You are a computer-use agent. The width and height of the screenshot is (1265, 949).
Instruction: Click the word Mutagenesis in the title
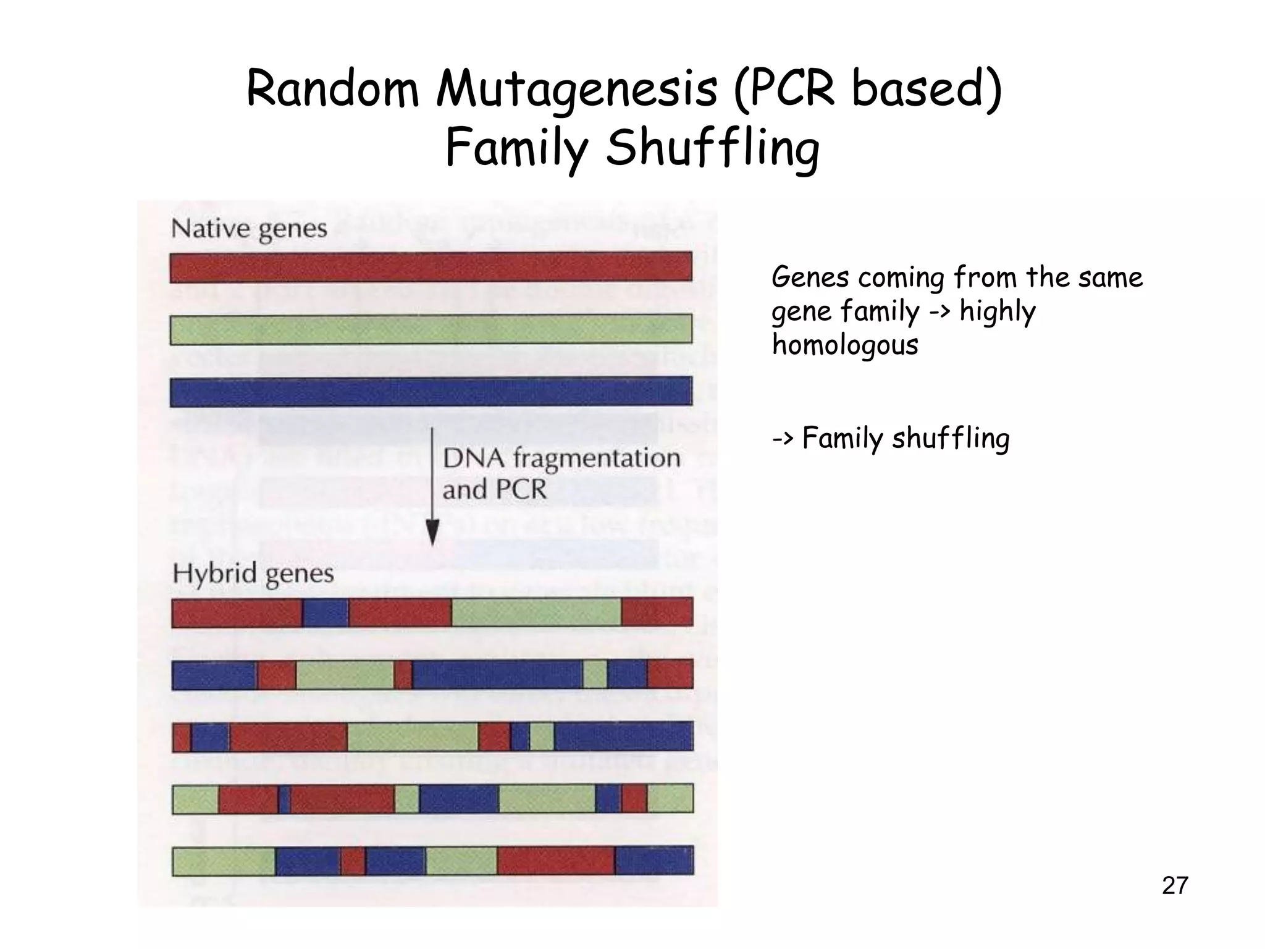pyautogui.click(x=577, y=90)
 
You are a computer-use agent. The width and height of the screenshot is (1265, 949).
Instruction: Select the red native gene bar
pyautogui.click(x=431, y=267)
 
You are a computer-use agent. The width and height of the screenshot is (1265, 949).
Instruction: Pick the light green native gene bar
pyautogui.click(x=431, y=329)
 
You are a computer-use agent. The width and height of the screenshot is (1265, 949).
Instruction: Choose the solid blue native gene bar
pyautogui.click(x=431, y=391)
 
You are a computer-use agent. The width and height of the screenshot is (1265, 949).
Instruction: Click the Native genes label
pyautogui.click(x=249, y=229)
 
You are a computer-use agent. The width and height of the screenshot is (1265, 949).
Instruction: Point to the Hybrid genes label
pyautogui.click(x=253, y=573)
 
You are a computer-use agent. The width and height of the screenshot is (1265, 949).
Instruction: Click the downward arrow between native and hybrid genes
pyautogui.click(x=433, y=488)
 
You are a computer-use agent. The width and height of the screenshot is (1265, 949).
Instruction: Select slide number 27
pyautogui.click(x=1175, y=885)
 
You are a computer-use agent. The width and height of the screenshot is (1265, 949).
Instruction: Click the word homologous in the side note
pyautogui.click(x=845, y=344)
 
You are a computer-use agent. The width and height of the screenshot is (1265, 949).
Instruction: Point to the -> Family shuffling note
pyautogui.click(x=891, y=439)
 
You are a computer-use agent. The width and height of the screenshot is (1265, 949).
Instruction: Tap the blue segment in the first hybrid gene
pyautogui.click(x=326, y=612)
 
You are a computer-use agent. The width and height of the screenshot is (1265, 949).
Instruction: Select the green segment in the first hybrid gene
pyautogui.click(x=536, y=612)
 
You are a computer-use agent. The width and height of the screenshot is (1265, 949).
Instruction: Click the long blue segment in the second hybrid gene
pyautogui.click(x=497, y=674)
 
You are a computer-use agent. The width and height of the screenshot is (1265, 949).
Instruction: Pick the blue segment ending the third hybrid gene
pyautogui.click(x=623, y=736)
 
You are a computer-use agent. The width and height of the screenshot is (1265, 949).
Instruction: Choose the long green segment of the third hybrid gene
pyautogui.click(x=413, y=736)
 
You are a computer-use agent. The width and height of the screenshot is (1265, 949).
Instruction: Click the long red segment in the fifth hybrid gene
pyautogui.click(x=556, y=861)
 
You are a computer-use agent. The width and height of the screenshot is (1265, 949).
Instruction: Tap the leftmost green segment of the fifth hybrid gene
pyautogui.click(x=224, y=861)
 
